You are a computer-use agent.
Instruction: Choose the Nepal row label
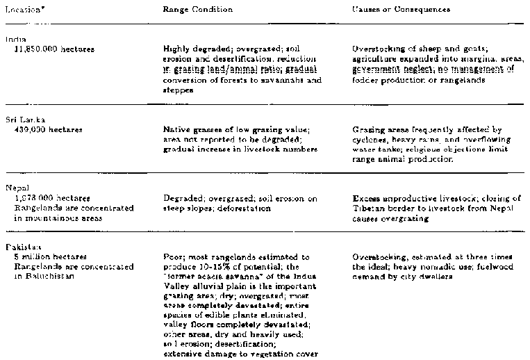pyautogui.click(x=15, y=188)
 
